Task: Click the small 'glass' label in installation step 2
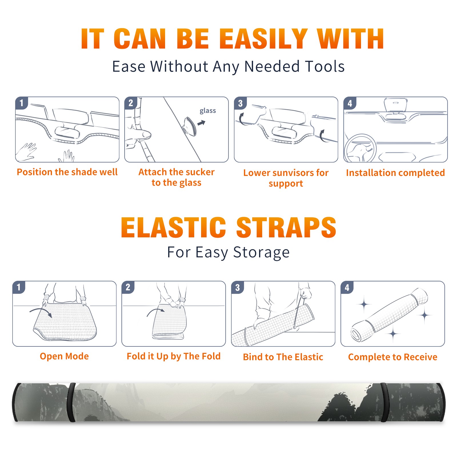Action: (x=208, y=111)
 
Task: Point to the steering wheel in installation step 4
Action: (x=360, y=149)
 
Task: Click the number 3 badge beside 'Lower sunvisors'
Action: (x=240, y=103)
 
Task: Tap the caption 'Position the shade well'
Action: (x=67, y=172)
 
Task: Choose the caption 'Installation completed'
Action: (x=395, y=173)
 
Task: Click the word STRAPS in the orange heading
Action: (x=286, y=227)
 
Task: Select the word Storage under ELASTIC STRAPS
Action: (x=261, y=252)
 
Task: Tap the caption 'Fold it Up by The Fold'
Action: (x=173, y=356)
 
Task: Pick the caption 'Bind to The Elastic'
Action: (x=283, y=357)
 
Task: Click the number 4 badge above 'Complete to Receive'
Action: (x=347, y=287)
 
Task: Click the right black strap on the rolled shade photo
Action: (x=385, y=402)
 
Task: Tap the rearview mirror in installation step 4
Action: (x=396, y=105)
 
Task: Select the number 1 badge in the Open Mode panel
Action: (x=19, y=287)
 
